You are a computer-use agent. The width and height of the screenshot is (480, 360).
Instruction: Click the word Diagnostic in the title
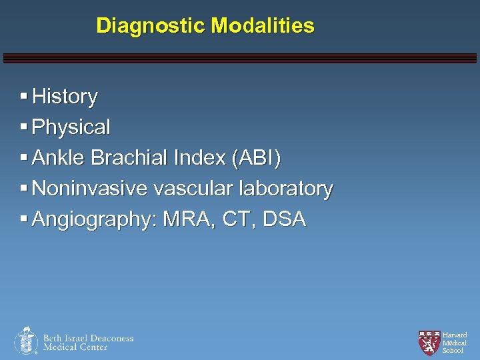coord(151,26)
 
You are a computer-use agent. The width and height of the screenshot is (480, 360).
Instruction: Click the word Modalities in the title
coord(263,26)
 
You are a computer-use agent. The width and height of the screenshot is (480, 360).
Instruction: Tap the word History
coord(65,97)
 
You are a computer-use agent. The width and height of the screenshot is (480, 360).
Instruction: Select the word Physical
coord(71,127)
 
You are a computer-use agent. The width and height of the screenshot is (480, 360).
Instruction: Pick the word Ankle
coord(59,158)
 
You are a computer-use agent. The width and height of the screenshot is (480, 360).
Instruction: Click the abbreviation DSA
coord(285,219)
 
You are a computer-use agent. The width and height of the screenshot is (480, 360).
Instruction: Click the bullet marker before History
coord(24,96)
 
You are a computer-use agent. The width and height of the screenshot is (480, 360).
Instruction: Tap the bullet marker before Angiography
coord(24,218)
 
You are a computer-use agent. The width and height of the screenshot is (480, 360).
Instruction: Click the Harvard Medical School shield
coord(429,342)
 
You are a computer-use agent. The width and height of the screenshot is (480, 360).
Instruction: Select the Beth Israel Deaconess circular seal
coord(26,341)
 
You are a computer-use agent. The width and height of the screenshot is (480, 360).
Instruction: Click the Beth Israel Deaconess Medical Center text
coord(88,343)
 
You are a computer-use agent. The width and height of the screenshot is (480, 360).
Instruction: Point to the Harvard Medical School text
coord(455,343)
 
